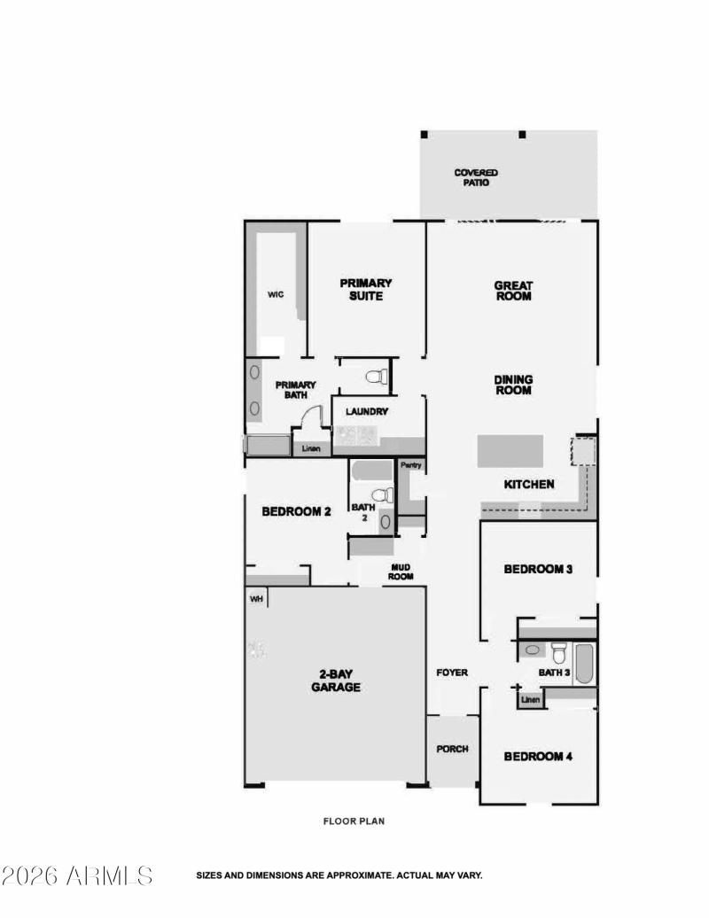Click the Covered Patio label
[476, 177]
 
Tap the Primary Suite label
[366, 290]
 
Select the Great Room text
[513, 291]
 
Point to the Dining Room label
[513, 385]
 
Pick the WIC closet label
[276, 295]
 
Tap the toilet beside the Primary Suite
[377, 377]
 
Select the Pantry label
[410, 465]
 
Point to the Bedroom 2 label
[296, 511]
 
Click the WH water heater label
[257, 599]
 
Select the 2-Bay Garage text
[335, 680]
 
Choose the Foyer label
[452, 673]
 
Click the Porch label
[452, 749]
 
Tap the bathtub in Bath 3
[584, 664]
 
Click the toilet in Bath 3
[558, 653]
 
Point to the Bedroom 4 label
[538, 756]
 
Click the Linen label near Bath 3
[530, 700]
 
